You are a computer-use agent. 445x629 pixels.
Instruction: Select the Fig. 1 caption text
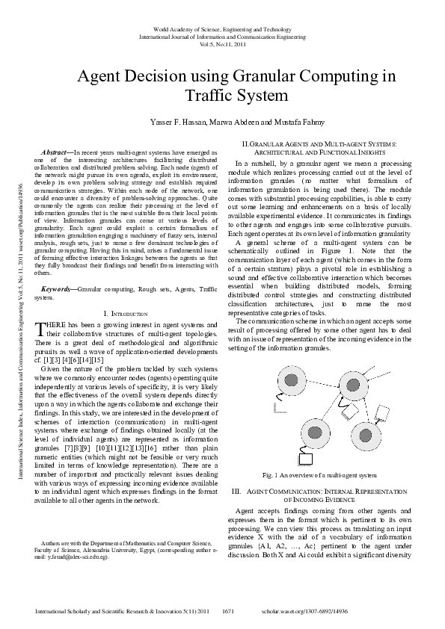[x=319, y=475]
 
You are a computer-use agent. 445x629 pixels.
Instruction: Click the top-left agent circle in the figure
[x=289, y=382]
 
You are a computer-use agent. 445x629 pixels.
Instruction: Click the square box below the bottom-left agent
[x=304, y=459]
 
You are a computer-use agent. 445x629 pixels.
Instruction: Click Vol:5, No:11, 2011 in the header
[x=223, y=44]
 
